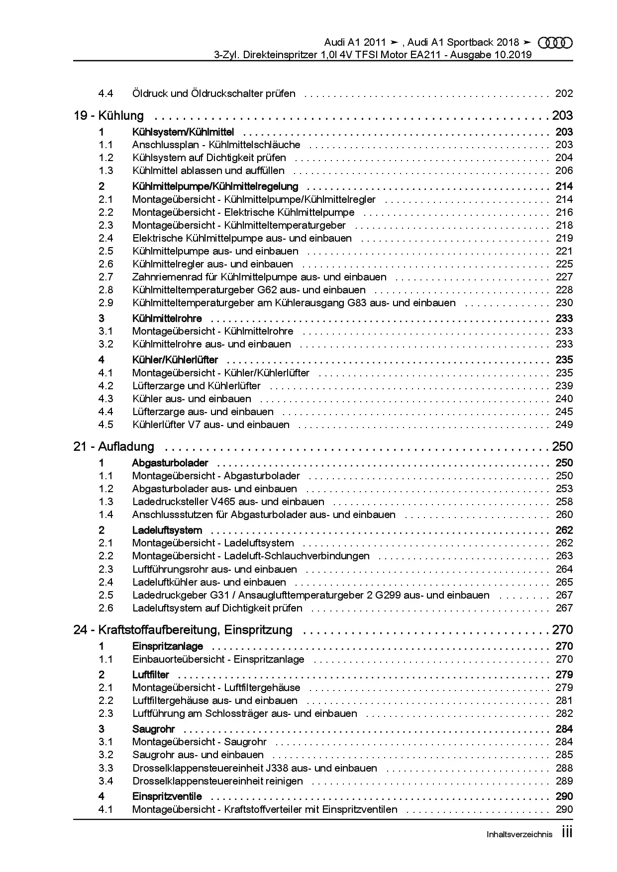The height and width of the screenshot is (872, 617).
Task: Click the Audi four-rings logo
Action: [x=555, y=43]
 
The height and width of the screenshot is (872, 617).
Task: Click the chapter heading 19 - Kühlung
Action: [x=108, y=116]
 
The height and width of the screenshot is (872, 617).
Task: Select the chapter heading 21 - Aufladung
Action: [x=113, y=446]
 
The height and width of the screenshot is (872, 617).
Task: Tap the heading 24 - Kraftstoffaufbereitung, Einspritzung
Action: [x=183, y=630]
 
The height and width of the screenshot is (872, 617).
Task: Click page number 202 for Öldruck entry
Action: [x=564, y=93]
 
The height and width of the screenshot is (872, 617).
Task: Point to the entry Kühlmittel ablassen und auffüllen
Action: [x=208, y=171]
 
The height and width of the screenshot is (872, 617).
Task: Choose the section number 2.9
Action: [x=105, y=303]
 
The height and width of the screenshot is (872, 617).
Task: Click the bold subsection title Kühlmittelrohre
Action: [x=167, y=318]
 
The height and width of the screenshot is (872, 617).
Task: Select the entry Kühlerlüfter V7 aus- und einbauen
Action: [x=210, y=425]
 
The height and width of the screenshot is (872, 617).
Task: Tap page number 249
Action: [x=564, y=425]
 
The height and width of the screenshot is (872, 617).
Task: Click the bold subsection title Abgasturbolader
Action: [x=170, y=463]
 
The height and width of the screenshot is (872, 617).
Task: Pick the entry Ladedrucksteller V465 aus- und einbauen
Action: [x=228, y=502]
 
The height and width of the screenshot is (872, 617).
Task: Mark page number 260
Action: [x=564, y=515]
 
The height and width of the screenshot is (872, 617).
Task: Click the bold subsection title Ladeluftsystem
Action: [x=167, y=530]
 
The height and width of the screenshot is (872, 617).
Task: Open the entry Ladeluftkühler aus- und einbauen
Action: [x=209, y=582]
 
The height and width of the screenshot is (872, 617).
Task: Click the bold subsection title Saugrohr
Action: [x=153, y=729]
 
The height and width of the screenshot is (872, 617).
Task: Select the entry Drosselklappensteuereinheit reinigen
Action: [x=217, y=781]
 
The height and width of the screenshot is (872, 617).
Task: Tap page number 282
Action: [x=564, y=713]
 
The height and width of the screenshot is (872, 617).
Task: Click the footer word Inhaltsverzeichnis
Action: [x=519, y=835]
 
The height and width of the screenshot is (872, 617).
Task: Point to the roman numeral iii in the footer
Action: [x=567, y=833]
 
